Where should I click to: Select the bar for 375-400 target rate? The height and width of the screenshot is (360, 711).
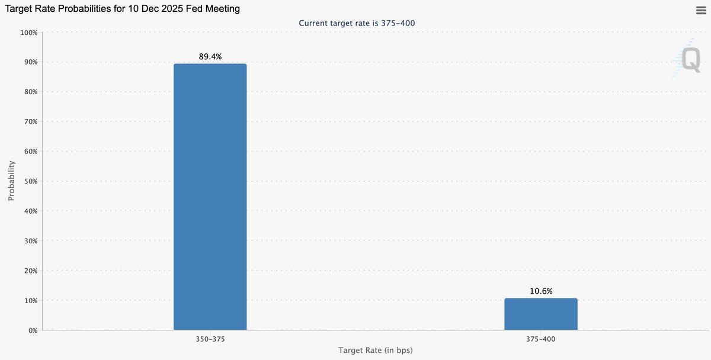(x=540, y=314)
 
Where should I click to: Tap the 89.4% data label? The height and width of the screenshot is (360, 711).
(x=210, y=57)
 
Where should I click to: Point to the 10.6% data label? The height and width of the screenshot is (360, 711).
(x=541, y=291)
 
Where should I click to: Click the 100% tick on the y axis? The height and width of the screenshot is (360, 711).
(x=28, y=32)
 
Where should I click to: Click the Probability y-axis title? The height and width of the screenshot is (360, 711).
(x=11, y=181)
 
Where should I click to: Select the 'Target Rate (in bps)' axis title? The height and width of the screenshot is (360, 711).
(x=375, y=351)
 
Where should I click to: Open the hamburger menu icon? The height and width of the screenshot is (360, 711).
(x=700, y=9)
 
